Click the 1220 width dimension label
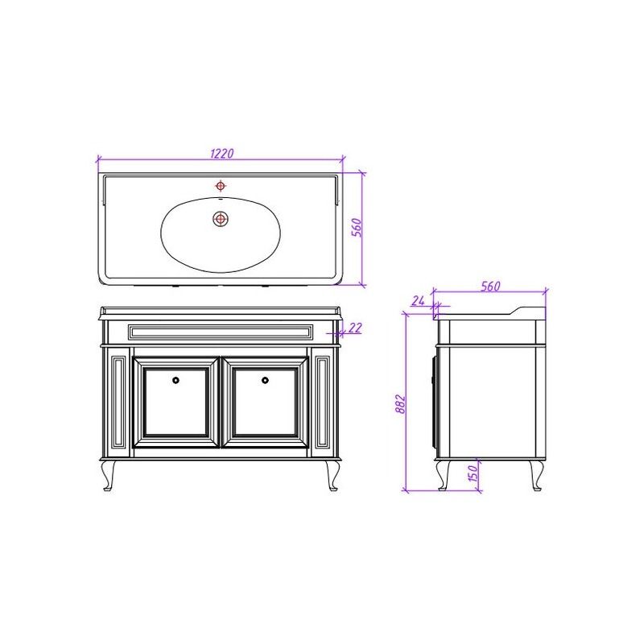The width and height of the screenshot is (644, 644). [222, 153]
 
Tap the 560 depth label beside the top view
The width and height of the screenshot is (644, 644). [357, 227]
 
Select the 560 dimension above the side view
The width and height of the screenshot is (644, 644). [490, 286]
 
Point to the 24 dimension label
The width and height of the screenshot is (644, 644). [418, 300]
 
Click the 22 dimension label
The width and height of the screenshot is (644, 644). [355, 328]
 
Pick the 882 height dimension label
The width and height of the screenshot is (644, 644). [400, 404]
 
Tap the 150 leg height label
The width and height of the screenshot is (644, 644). [473, 473]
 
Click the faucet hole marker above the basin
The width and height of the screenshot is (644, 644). [221, 186]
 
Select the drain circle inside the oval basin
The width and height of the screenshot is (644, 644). [221, 219]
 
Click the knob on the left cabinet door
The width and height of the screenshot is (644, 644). [175, 380]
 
